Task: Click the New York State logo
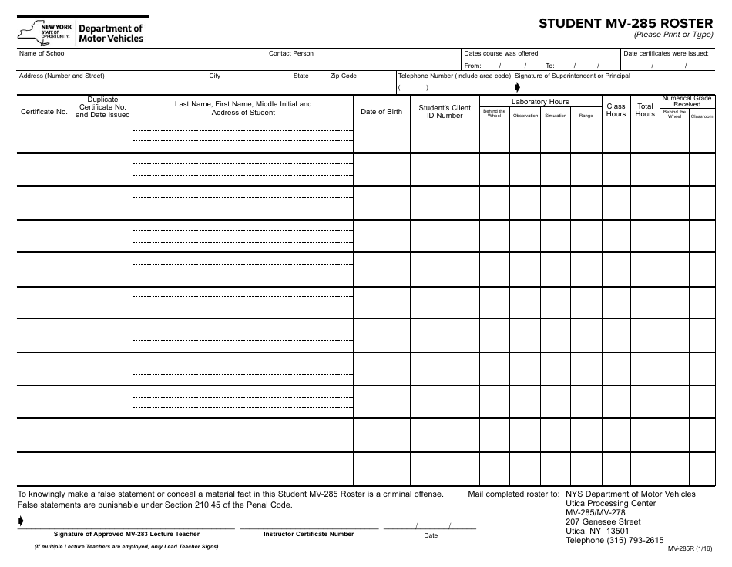click(x=44, y=32)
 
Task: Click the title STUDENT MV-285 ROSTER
click(x=626, y=22)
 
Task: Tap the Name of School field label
click(x=42, y=53)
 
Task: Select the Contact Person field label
click(x=291, y=53)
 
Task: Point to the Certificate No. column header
click(x=44, y=112)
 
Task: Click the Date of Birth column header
click(x=381, y=112)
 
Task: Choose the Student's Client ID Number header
click(x=445, y=112)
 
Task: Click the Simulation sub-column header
click(x=555, y=116)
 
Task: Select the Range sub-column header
click(x=586, y=116)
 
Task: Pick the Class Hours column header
click(x=616, y=110)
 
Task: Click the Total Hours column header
click(x=645, y=110)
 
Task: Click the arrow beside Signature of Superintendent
click(x=518, y=87)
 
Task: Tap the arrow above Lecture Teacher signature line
click(x=21, y=522)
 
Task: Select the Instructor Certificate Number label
click(x=308, y=534)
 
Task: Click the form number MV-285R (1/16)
click(x=690, y=552)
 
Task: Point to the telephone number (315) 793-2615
click(x=614, y=541)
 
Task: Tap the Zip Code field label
click(x=343, y=76)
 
